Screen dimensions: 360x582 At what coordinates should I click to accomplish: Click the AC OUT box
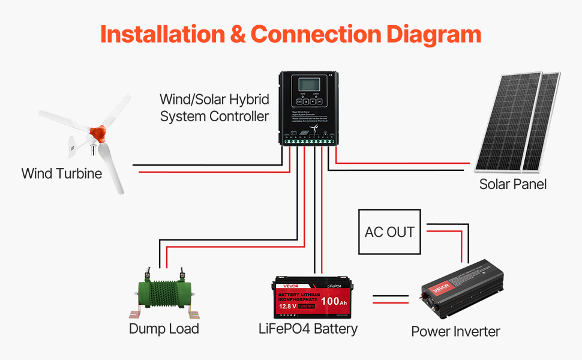389,232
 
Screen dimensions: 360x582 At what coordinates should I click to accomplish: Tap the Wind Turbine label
61,174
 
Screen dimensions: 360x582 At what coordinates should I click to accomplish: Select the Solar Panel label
512,184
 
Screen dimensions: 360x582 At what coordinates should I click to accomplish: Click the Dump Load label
164,329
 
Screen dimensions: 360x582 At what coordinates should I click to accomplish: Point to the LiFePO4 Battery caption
308,328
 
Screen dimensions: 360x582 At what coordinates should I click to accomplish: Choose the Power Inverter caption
455,331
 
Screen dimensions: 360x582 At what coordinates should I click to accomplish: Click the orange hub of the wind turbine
97,131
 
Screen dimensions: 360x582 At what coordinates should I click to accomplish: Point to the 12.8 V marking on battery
287,307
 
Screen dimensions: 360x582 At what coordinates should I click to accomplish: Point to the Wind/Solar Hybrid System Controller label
214,107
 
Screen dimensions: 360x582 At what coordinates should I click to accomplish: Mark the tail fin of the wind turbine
73,144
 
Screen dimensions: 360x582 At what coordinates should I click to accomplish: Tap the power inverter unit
461,291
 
